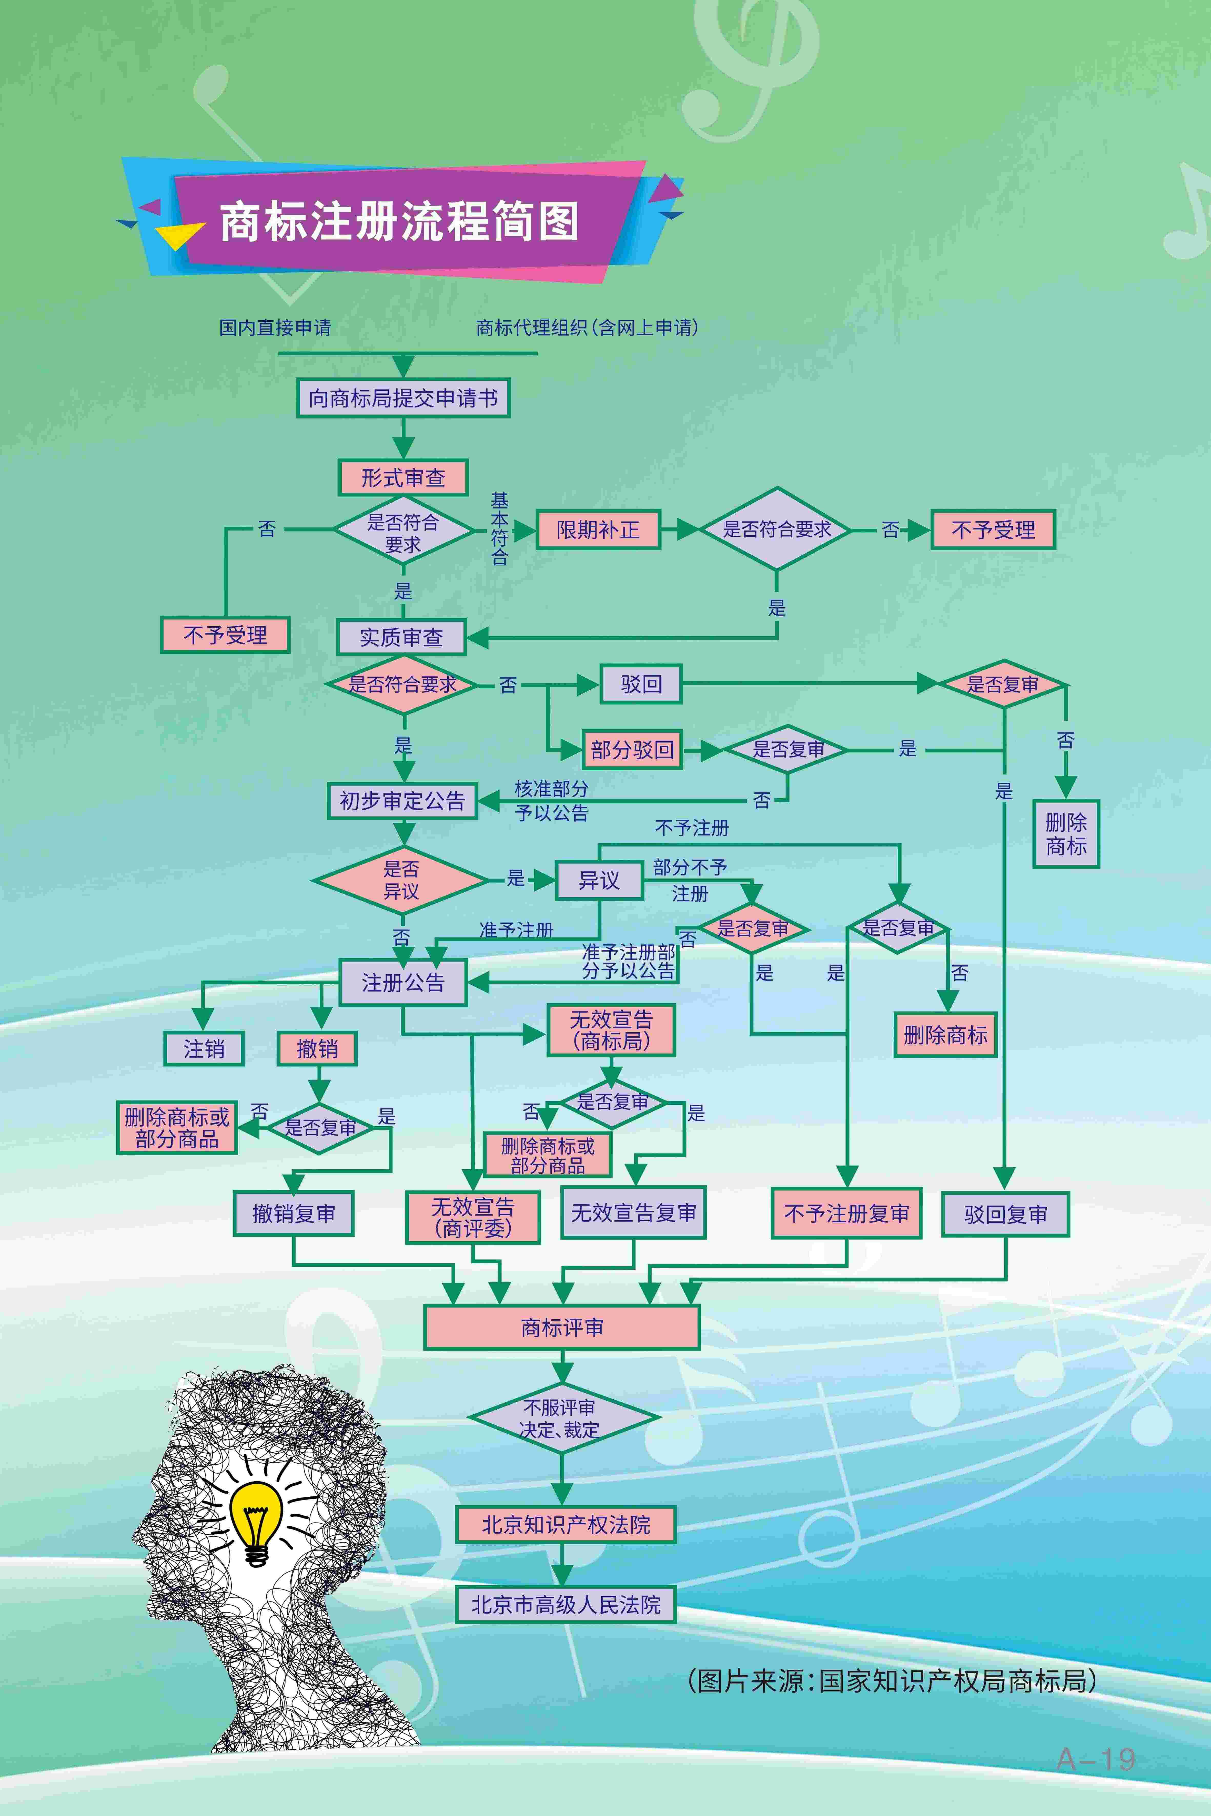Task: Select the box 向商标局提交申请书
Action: (403, 399)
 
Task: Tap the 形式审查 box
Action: (403, 478)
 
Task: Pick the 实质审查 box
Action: (402, 637)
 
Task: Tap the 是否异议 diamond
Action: (401, 880)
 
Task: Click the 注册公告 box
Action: (403, 983)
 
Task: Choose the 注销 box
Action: (204, 1048)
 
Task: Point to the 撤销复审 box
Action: (294, 1214)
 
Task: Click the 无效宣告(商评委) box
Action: (473, 1218)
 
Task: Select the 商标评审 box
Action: (561, 1327)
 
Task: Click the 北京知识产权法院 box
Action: (565, 1524)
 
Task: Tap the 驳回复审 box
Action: (1005, 1215)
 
